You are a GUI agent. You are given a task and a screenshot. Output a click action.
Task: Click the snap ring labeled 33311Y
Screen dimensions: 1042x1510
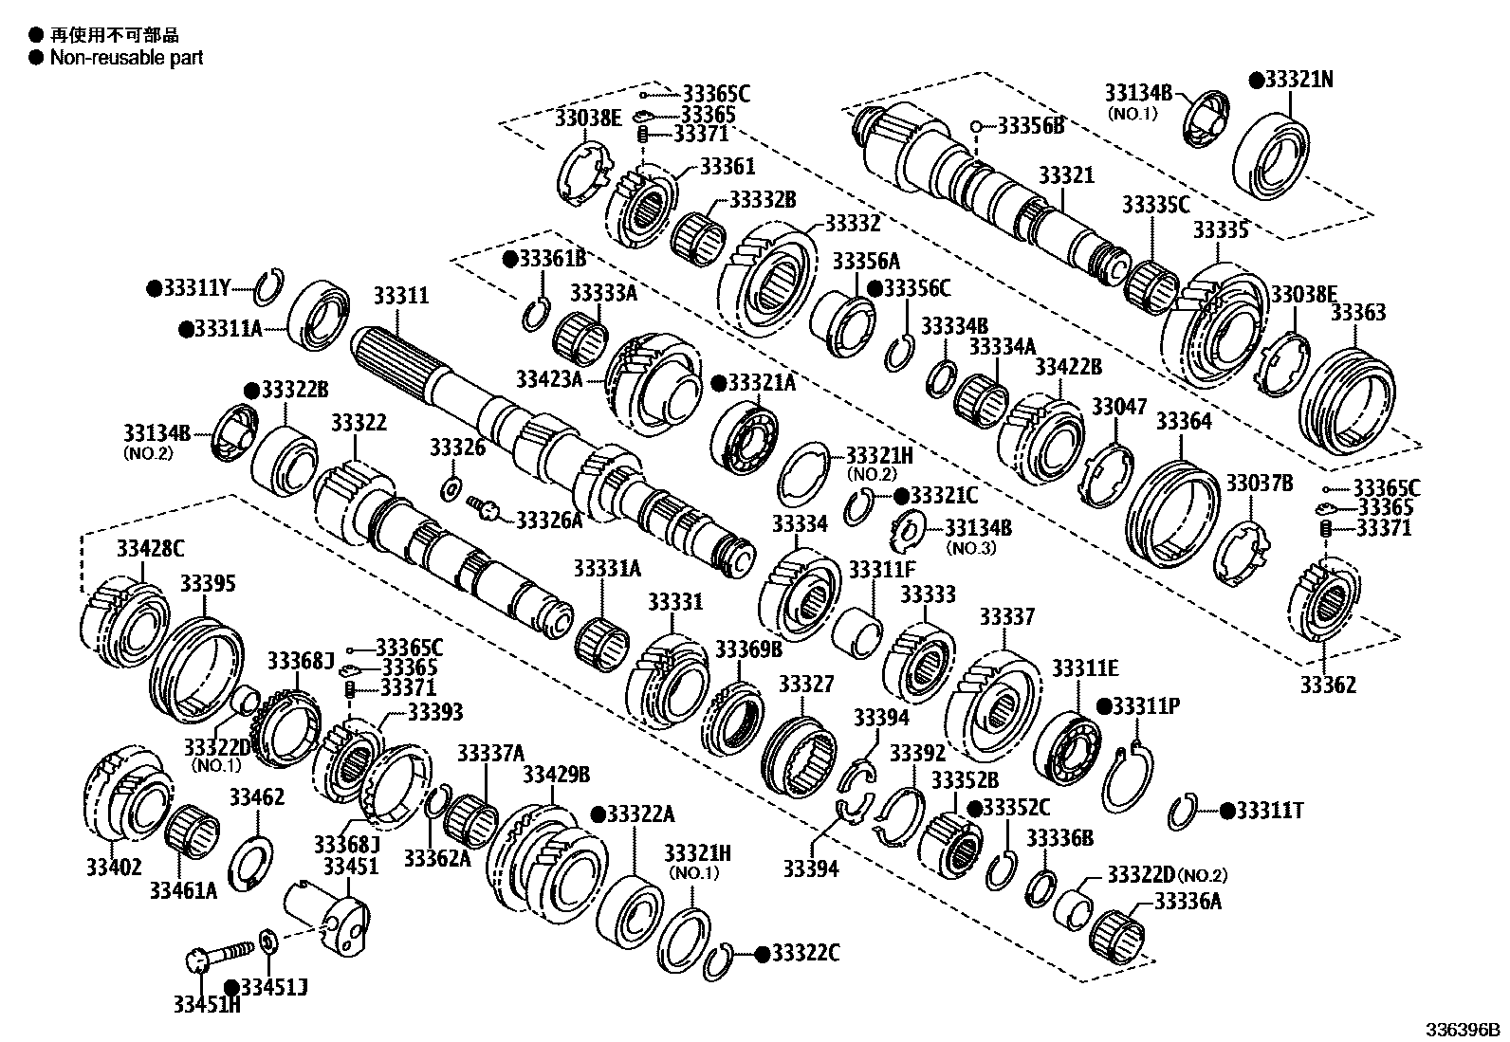[x=269, y=286]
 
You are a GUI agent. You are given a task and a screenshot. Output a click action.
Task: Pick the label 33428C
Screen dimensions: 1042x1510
[x=151, y=548]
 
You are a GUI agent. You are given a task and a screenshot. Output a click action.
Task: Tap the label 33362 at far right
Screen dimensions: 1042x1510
[x=1328, y=685]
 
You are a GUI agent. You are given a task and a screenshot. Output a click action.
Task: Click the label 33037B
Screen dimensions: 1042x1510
[x=1259, y=484]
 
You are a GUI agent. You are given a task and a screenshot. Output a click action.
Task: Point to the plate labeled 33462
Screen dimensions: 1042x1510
[x=253, y=861]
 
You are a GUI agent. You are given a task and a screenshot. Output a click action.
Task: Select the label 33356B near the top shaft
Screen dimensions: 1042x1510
[x=1031, y=125]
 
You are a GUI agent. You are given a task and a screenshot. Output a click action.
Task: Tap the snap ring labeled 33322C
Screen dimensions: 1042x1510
[x=721, y=963]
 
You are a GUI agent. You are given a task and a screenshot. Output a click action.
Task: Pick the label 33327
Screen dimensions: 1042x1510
[x=805, y=684]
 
